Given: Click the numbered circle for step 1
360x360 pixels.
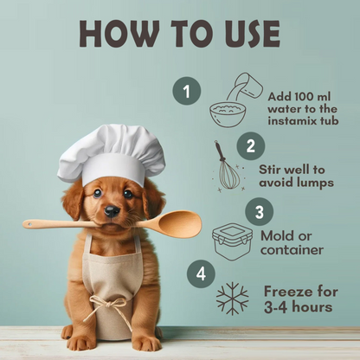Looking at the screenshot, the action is [187, 91].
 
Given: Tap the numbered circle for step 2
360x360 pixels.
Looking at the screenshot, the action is [251, 146].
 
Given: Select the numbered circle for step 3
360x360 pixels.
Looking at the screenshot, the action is [259, 212].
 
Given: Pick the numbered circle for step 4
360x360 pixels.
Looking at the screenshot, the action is [201, 273].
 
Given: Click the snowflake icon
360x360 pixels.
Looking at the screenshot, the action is [232, 299].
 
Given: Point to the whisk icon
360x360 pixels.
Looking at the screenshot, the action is [228, 166].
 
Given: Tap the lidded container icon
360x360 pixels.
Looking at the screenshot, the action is [233, 242].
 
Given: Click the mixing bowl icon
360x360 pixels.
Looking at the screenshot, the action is [228, 115].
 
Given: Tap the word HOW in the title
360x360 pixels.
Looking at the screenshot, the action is [119, 34].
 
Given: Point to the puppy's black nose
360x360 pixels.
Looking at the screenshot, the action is [112, 211].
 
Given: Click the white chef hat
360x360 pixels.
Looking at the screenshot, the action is [111, 155].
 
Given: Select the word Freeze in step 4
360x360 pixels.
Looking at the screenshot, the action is [288, 292].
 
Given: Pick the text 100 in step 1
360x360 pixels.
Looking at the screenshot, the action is [301, 97].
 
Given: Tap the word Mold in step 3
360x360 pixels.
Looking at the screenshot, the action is [278, 236].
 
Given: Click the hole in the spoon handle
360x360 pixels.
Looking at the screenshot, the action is [29, 223].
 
